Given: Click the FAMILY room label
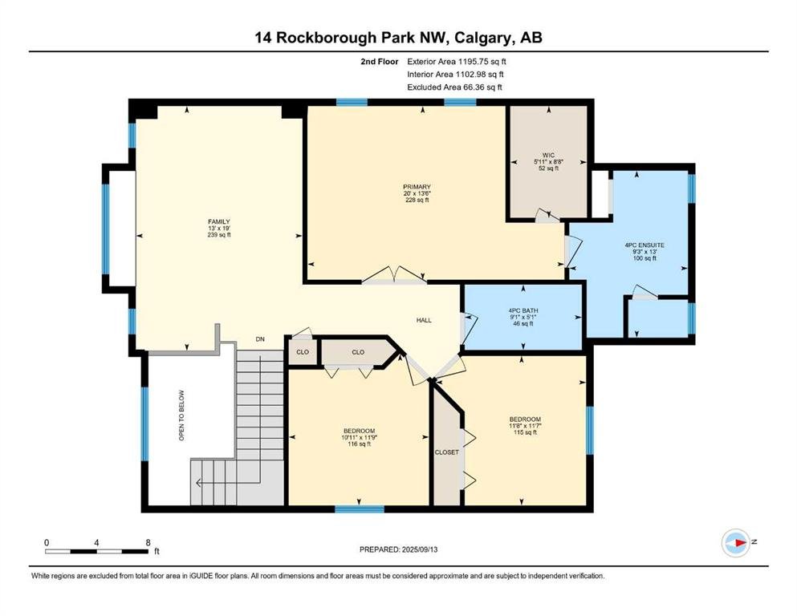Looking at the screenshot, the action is coord(219,221).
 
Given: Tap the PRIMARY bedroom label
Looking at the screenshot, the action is coord(417,187).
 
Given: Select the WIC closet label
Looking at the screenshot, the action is coord(548,156).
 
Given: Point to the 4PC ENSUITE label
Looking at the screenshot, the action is coord(645,245).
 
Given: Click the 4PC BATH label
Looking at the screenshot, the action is coord(523,310).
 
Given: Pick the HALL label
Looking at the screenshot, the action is coord(424,321).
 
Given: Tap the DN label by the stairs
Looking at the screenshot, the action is coord(260,339).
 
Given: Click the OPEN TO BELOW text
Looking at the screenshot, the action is coord(181,415).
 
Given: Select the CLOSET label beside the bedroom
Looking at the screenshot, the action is coord(447,452).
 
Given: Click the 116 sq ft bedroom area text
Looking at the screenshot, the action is coord(359,444).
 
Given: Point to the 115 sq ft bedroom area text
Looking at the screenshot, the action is coord(525,432).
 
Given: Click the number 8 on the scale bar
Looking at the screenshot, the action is coord(148,542).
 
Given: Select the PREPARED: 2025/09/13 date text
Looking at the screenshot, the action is coord(398,549).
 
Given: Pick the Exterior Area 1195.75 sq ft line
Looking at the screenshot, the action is coord(457,62).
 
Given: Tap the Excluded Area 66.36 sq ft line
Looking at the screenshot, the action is coord(454,87).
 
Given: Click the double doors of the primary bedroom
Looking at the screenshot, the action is coord(394,275).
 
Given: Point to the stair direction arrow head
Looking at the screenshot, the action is coord(198,482).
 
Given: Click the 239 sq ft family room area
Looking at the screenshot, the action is coord(219,235).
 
